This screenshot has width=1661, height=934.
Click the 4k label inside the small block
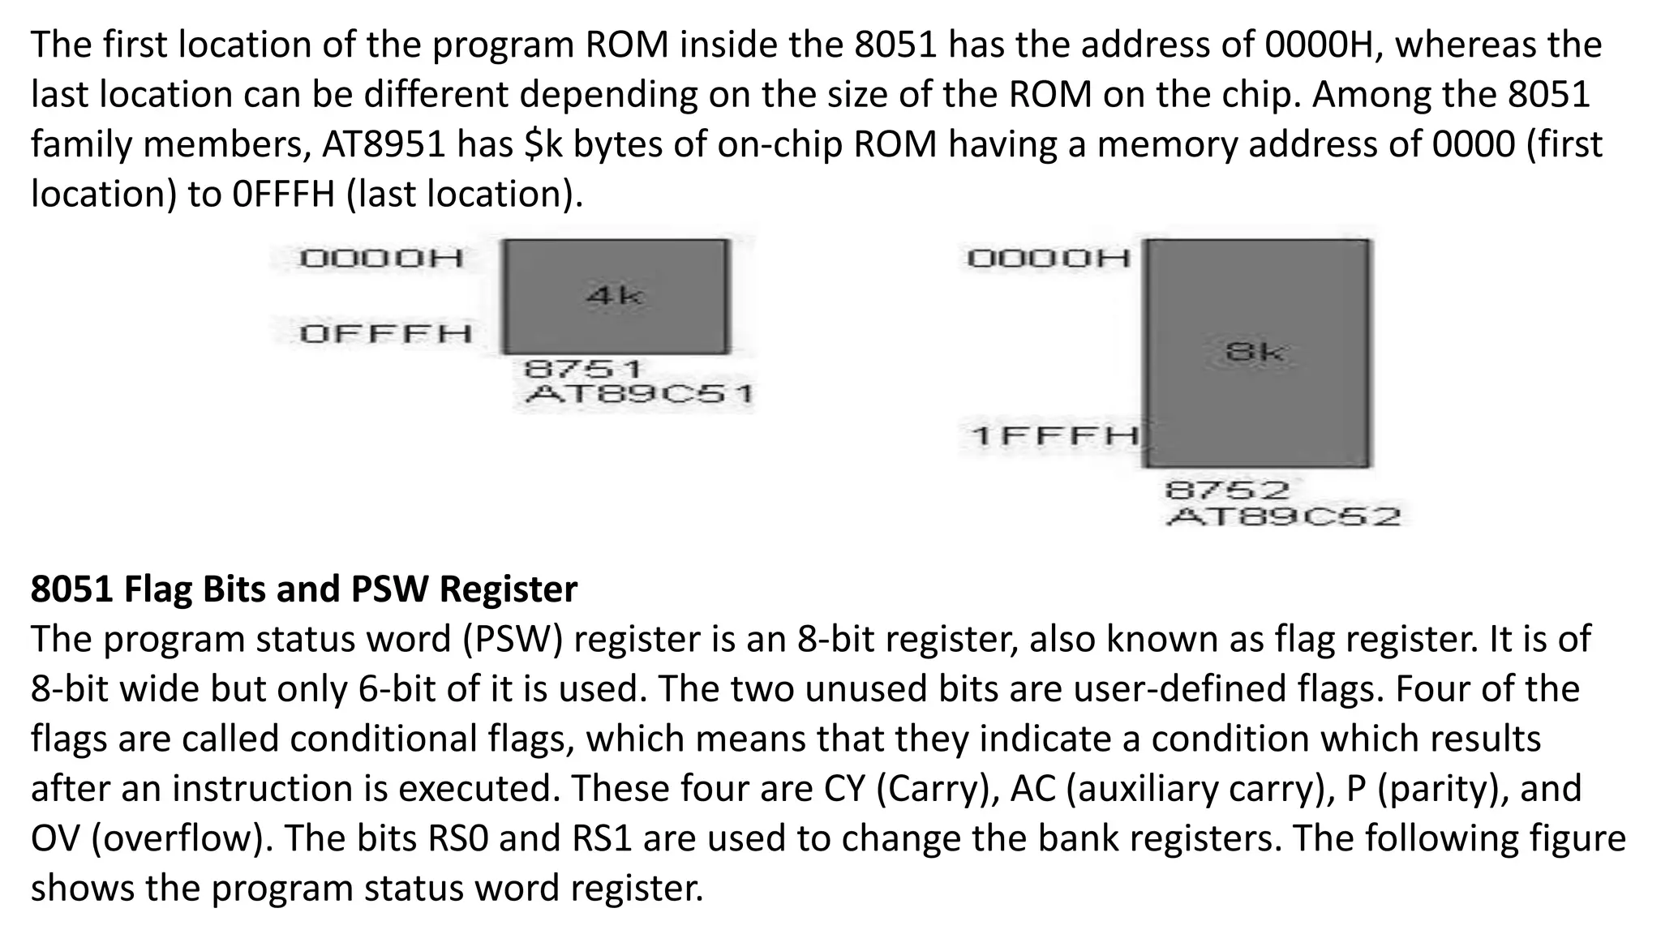coord(614,295)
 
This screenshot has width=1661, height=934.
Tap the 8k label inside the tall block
coord(1255,352)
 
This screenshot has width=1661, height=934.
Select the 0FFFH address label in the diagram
coord(385,333)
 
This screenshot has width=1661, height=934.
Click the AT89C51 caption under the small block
coord(639,395)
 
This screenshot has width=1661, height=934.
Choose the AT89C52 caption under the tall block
coord(1283,516)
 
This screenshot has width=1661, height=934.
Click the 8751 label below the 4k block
coord(582,370)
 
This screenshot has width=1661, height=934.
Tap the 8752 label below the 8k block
coord(1226,491)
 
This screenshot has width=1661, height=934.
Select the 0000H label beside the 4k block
coord(381,259)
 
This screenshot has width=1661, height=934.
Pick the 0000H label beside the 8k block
coord(1049,259)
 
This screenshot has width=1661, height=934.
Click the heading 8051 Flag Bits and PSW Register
coord(304,589)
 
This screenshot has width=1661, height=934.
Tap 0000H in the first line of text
coord(1322,45)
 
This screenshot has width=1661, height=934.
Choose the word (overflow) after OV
coord(182,838)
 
